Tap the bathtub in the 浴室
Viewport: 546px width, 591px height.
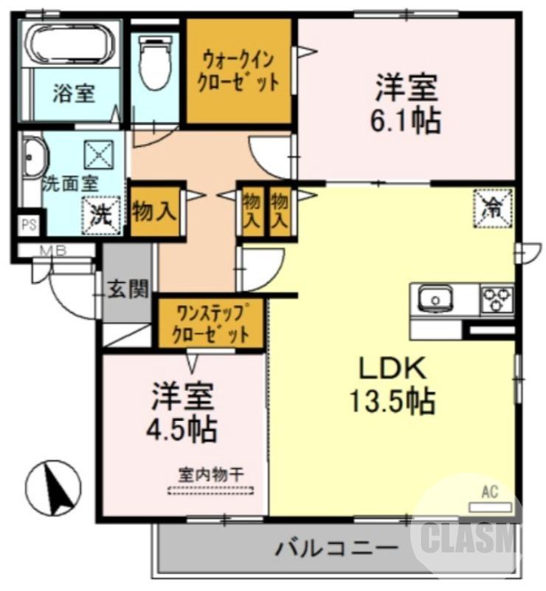[70, 44]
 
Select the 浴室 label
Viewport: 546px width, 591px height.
[73, 94]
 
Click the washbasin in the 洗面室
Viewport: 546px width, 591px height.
[33, 160]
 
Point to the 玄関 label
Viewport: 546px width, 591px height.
[128, 289]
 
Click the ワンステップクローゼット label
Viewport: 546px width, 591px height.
[210, 323]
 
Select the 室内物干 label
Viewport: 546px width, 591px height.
[210, 474]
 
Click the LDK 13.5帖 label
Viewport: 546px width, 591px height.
[391, 384]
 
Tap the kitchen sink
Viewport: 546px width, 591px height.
[435, 299]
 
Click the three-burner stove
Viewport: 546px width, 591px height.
[497, 299]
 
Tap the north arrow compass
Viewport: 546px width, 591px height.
[53, 487]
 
